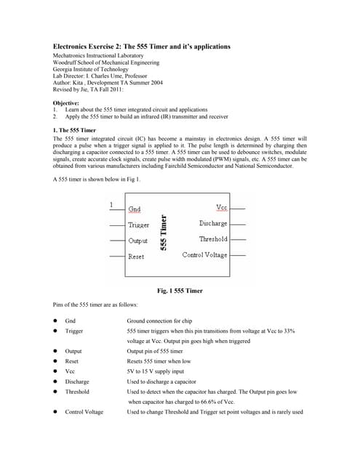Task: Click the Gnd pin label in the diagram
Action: (135, 209)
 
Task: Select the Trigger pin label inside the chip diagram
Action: (138, 225)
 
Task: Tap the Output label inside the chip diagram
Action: (137, 240)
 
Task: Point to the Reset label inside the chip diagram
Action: (136, 256)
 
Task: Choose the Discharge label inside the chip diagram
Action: (213, 223)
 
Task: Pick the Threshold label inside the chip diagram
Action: (213, 239)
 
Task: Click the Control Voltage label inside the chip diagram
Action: (204, 255)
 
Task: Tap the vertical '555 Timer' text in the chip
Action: (165, 232)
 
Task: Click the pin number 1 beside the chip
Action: (111, 205)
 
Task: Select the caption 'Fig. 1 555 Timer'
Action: (180, 291)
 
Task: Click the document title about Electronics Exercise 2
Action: (142, 46)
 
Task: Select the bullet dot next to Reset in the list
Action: (55, 361)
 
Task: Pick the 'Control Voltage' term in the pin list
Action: (84, 412)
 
